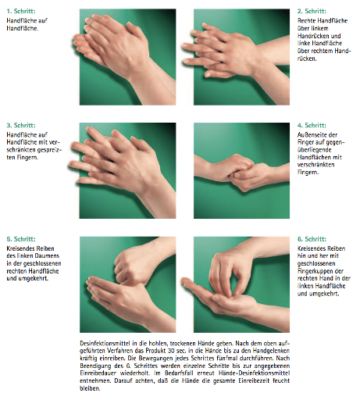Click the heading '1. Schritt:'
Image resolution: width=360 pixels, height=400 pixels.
pos(21,11)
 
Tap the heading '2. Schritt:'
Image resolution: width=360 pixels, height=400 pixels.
pos(312,11)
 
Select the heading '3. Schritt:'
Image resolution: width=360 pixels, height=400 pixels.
pos(21,125)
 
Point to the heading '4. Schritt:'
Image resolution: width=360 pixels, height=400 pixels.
pos(312,125)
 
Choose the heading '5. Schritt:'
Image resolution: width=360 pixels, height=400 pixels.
pos(21,239)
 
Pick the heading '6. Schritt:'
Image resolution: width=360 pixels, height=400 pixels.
pos(312,239)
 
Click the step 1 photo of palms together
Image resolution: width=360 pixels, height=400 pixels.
pos(127,57)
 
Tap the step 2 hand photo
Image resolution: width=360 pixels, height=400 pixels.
pos(241,57)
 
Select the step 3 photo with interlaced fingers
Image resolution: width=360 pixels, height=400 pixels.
pos(127,170)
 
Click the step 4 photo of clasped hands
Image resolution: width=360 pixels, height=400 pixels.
pos(241,170)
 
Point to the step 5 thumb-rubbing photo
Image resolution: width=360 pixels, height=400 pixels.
pos(127,284)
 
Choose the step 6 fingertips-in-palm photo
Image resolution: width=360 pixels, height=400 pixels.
pos(241,284)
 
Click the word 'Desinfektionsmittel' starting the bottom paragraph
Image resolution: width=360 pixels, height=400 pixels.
pos(99,343)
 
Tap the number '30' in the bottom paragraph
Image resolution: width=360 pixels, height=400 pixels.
pos(171,351)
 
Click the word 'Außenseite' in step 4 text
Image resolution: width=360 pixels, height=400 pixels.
pos(311,135)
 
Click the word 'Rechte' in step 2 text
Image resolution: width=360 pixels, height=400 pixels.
pos(306,21)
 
